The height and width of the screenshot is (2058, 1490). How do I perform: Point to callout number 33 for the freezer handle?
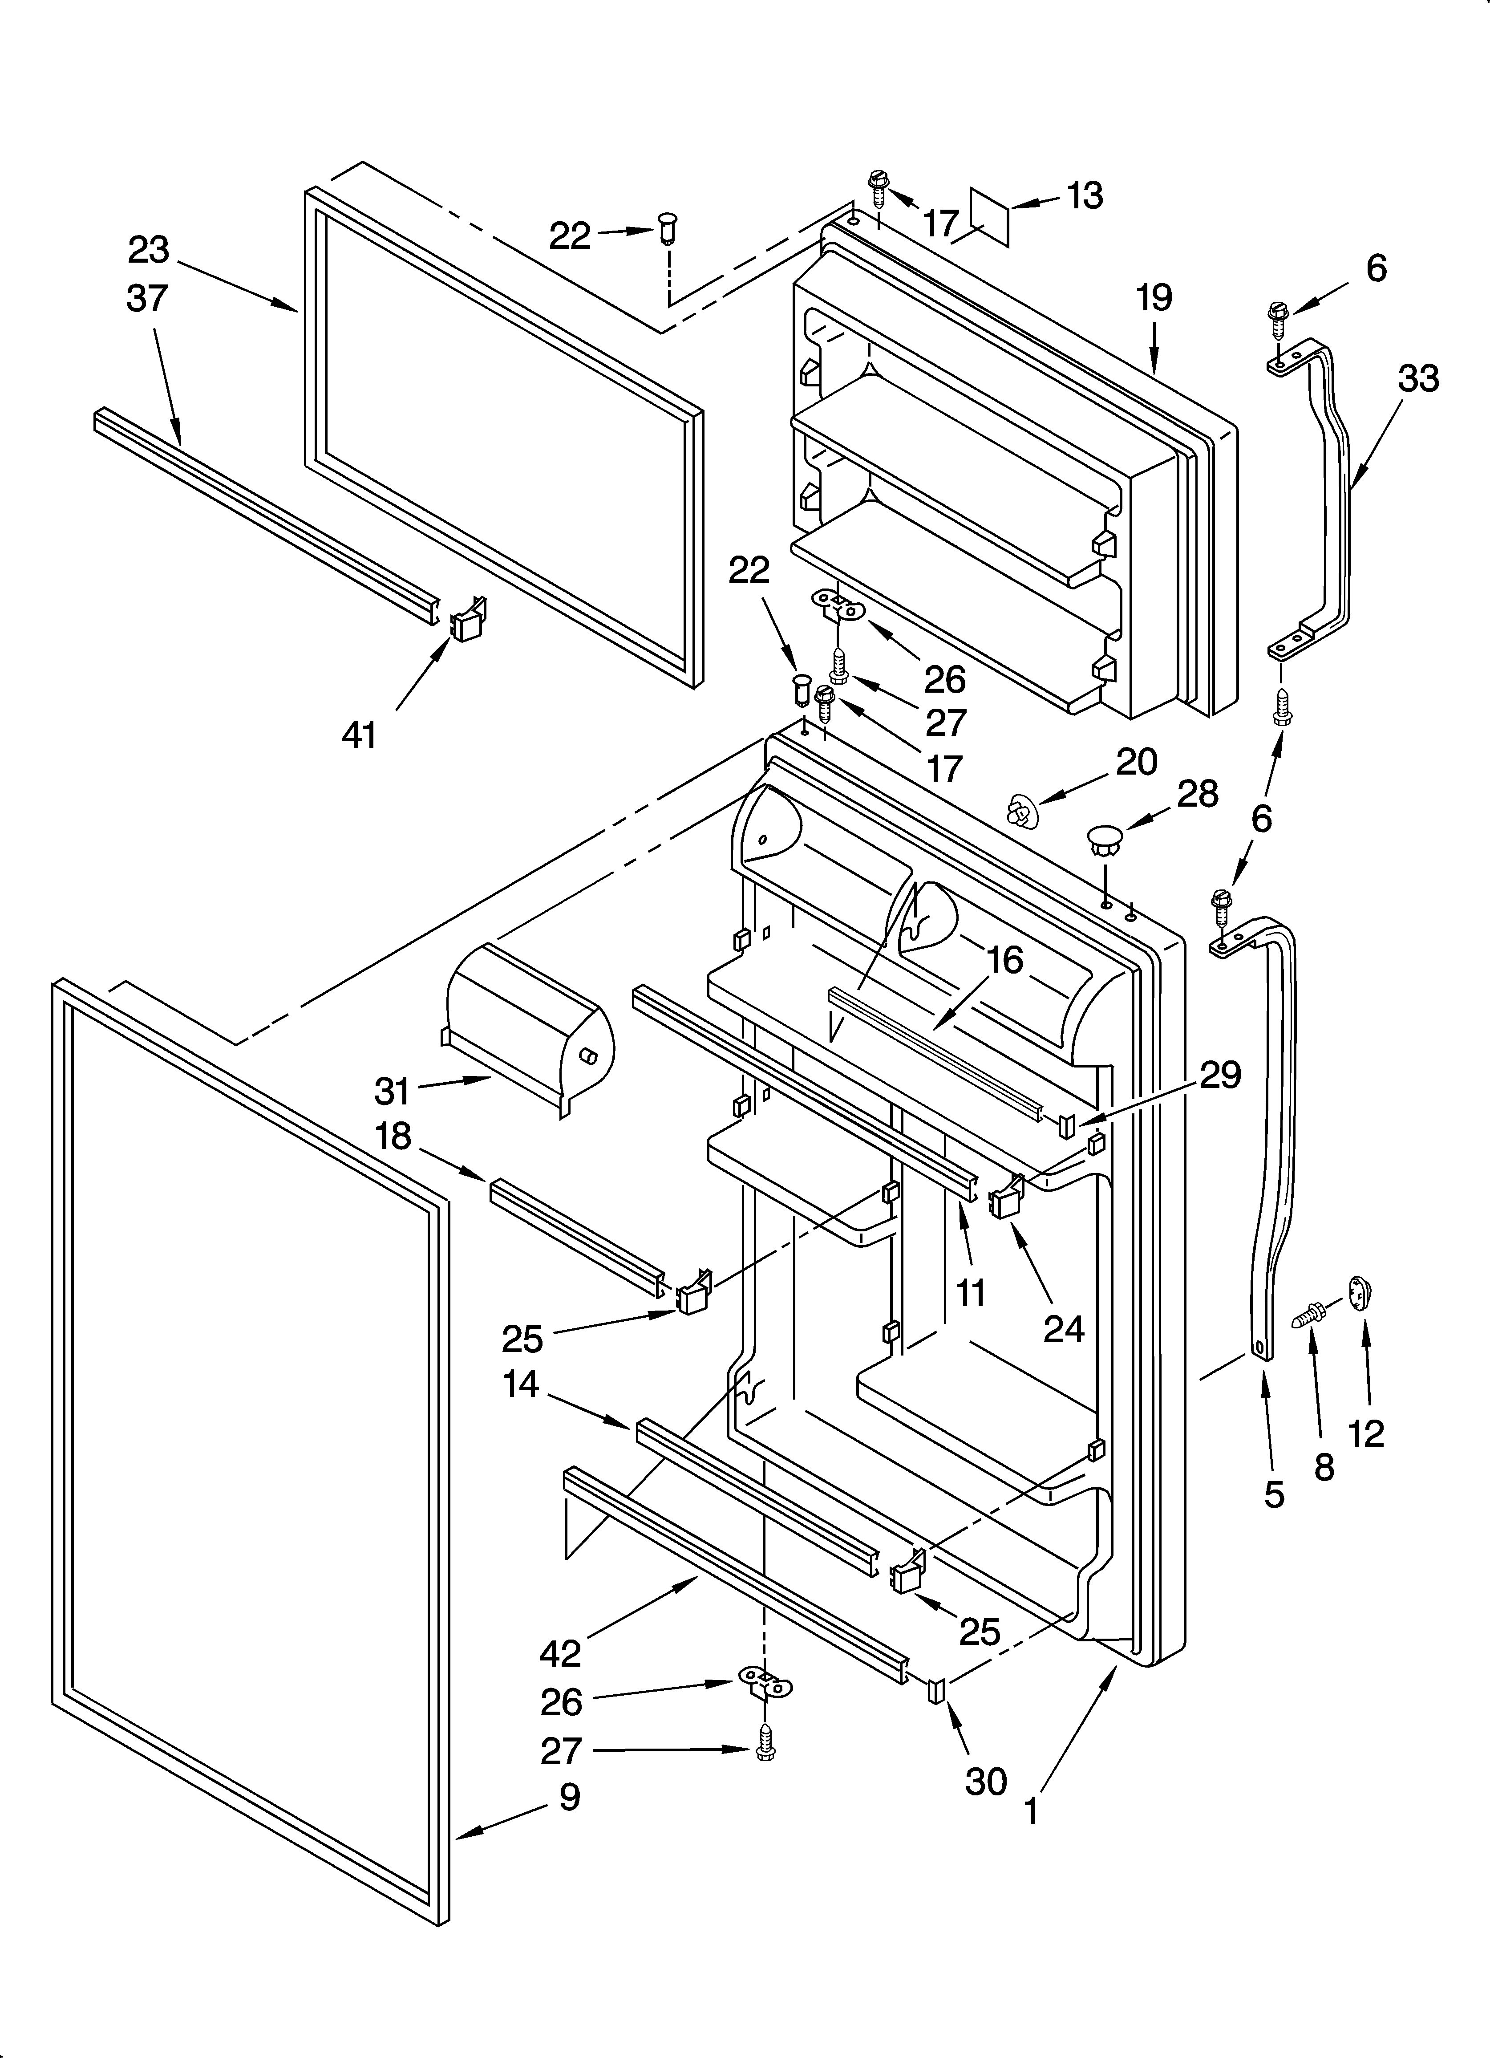click(1417, 378)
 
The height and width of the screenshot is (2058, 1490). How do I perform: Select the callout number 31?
click(392, 1092)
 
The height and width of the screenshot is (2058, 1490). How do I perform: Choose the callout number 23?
click(149, 251)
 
